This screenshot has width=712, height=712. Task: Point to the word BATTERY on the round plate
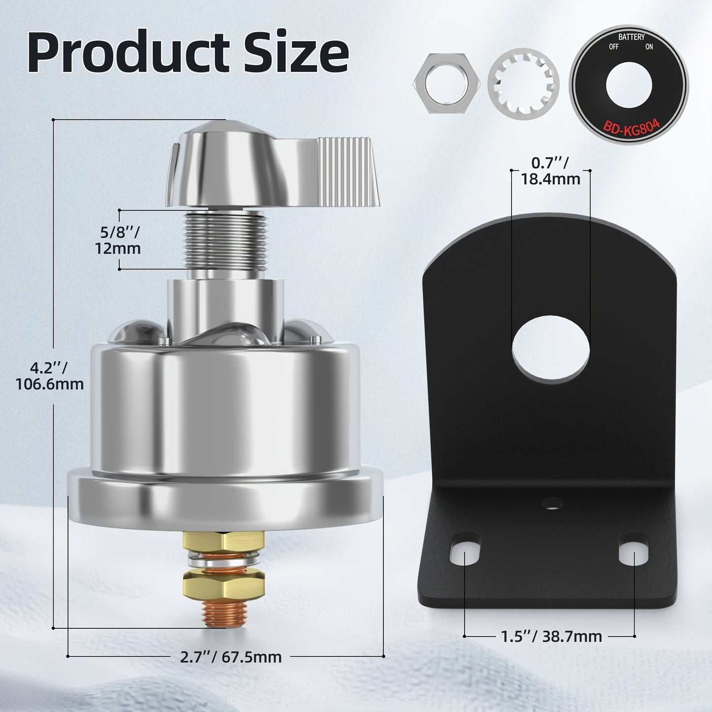(x=631, y=37)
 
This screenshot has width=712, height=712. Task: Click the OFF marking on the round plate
(x=613, y=47)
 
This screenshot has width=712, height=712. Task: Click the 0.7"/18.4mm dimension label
(x=550, y=170)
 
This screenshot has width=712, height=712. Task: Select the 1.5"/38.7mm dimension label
(x=551, y=636)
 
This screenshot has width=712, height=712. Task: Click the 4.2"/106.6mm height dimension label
(x=50, y=375)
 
